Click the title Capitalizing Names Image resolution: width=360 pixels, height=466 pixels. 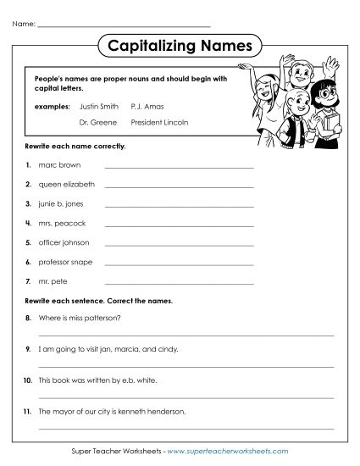coord(180,43)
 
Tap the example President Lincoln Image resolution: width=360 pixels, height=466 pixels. coord(160,122)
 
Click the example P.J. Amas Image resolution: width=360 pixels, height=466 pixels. coord(147,107)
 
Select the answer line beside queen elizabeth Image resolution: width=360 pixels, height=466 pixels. coord(179,186)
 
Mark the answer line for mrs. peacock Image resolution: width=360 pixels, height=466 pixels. coord(179,225)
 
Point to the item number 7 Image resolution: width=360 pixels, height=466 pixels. coord(29,282)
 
